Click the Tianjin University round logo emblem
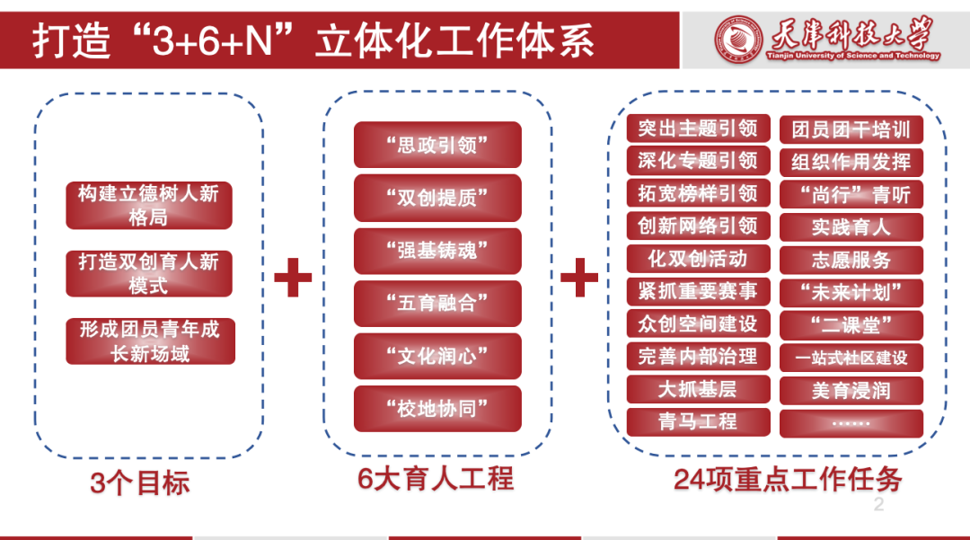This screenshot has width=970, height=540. point(737,39)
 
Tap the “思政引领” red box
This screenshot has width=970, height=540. point(437,145)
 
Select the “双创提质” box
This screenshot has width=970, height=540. point(437,198)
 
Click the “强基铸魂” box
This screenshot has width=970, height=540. point(437,251)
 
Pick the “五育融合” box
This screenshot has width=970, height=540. point(437,304)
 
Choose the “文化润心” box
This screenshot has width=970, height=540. point(437,356)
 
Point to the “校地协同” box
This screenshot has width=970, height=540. point(437,409)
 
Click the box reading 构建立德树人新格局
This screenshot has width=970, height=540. point(149,205)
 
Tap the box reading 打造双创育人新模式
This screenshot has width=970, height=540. point(149,273)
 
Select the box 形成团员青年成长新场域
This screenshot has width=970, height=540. point(150,341)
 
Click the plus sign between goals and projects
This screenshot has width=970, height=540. point(293,277)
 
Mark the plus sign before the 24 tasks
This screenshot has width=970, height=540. point(579,277)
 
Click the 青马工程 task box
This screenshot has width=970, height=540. point(698,421)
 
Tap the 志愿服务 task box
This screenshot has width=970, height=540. point(851,261)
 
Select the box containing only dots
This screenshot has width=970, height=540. point(851,422)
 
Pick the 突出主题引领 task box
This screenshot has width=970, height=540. point(698,128)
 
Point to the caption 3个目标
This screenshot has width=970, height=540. point(140,483)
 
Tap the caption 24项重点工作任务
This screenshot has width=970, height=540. point(788,480)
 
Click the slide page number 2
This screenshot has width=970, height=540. point(878,505)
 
